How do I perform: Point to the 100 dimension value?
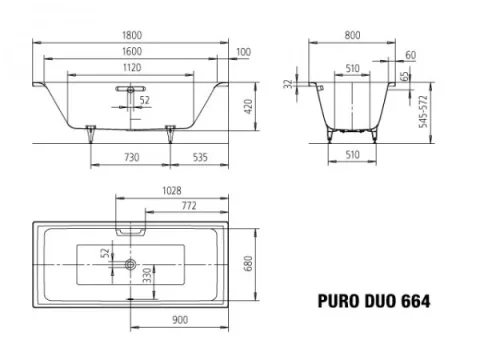244,52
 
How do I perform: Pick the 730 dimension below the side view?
130,158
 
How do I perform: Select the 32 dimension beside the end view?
286,87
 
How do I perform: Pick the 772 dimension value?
186,204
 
